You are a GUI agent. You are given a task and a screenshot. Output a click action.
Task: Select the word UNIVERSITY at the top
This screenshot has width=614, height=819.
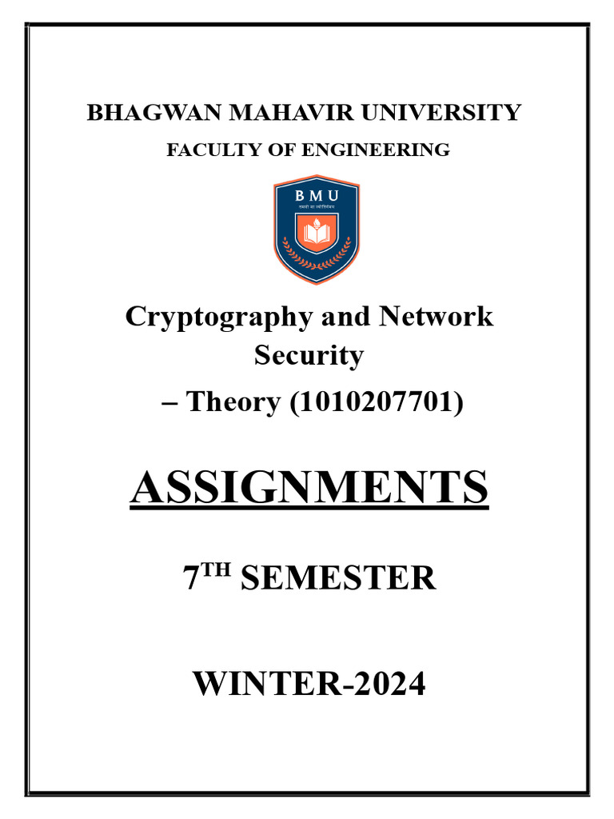point(442,113)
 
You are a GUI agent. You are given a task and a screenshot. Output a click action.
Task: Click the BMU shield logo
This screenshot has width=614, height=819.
point(317,230)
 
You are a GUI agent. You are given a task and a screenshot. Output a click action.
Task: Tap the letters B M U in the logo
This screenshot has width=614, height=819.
point(317,196)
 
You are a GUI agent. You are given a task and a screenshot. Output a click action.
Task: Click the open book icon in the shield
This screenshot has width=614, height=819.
point(317,233)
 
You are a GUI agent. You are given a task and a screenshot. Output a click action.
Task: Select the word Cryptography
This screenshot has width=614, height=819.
point(217,317)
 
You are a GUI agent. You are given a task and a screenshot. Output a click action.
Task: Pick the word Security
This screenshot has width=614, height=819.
point(309,354)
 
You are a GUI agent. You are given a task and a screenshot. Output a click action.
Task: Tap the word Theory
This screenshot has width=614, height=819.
point(232,401)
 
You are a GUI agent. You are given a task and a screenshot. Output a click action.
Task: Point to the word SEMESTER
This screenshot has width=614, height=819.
point(337,577)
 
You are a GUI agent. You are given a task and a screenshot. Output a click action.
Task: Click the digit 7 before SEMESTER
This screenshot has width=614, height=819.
point(191,577)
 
